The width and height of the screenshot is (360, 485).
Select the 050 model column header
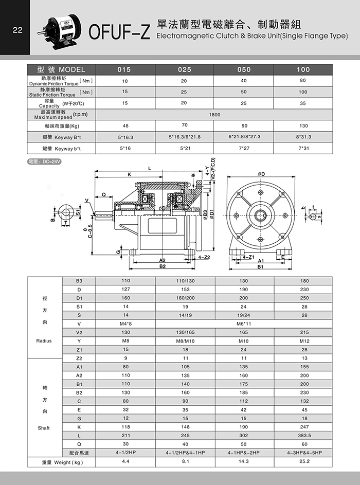tap(244, 69)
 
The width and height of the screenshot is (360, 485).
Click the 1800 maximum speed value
tap(214, 115)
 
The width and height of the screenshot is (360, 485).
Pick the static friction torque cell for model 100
tap(302, 92)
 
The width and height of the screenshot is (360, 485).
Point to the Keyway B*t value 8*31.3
tap(303, 137)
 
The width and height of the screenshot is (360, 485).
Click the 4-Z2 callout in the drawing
tap(204, 256)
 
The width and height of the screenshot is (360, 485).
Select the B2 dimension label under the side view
tap(162, 266)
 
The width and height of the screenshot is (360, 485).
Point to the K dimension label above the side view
tap(130, 175)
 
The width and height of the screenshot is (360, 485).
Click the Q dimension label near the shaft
tap(104, 194)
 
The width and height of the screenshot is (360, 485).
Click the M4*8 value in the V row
tap(125, 324)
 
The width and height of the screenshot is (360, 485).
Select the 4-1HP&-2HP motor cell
tap(244, 453)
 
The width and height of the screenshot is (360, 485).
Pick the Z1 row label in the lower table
tap(79, 349)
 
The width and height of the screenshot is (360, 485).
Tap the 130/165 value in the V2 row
tap(185, 332)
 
